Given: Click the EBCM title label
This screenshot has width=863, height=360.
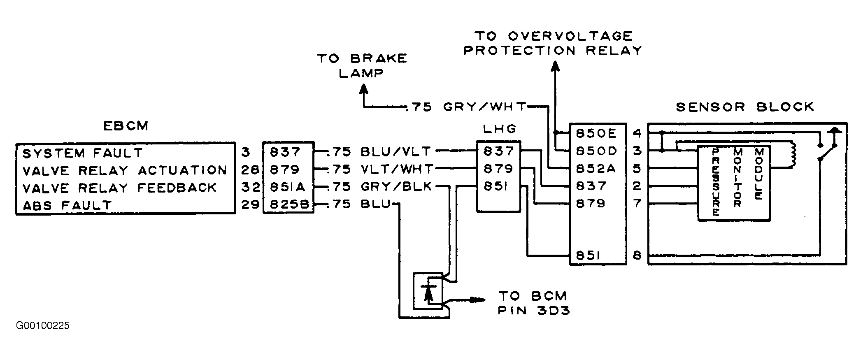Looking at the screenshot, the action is [125, 126].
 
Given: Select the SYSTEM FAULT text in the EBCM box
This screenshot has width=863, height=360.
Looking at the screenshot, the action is [82, 153].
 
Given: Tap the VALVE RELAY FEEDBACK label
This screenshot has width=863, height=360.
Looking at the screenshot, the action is [119, 188].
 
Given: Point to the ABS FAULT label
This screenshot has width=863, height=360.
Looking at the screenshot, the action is [67, 205].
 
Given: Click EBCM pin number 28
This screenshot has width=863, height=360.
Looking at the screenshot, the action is [250, 170].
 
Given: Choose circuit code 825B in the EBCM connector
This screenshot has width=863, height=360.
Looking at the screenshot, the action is [289, 205].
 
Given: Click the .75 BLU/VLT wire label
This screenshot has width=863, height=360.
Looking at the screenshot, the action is [378, 152].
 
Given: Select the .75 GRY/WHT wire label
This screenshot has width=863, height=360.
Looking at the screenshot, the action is [467, 107].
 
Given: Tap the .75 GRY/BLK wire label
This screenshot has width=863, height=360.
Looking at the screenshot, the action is [379, 187].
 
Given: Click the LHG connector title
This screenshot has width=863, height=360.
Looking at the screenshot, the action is [499, 130].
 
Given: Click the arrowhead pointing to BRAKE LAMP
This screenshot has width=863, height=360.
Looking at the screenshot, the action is [364, 89].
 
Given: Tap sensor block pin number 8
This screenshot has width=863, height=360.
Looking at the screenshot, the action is [637, 256].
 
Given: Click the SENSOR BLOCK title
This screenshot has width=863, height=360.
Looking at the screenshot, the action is [745, 107].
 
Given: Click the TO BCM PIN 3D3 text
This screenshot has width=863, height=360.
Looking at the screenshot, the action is [534, 303].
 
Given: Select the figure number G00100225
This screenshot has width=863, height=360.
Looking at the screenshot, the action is [43, 326].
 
